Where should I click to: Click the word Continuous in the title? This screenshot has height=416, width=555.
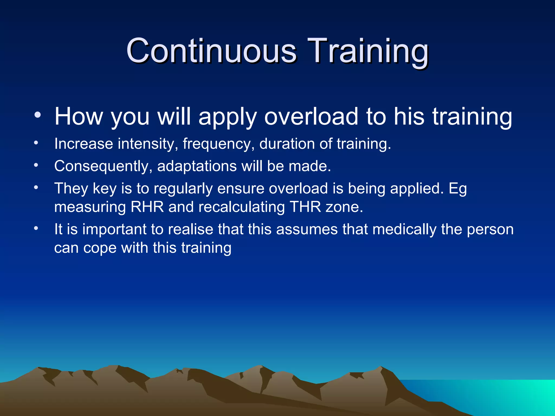(211, 51)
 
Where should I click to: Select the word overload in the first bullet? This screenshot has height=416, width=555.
(311, 116)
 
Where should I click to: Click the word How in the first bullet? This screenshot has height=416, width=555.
(79, 116)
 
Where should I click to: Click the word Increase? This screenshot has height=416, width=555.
(83, 144)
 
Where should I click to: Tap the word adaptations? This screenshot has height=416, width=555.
(197, 166)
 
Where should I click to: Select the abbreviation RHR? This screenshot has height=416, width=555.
(147, 207)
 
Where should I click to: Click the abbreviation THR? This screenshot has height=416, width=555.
(305, 207)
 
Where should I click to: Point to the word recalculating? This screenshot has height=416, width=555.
(241, 207)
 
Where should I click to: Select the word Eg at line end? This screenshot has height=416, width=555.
(458, 188)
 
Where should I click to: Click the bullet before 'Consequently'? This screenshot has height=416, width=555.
(36, 165)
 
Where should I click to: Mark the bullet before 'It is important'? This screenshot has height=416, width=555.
(36, 228)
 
